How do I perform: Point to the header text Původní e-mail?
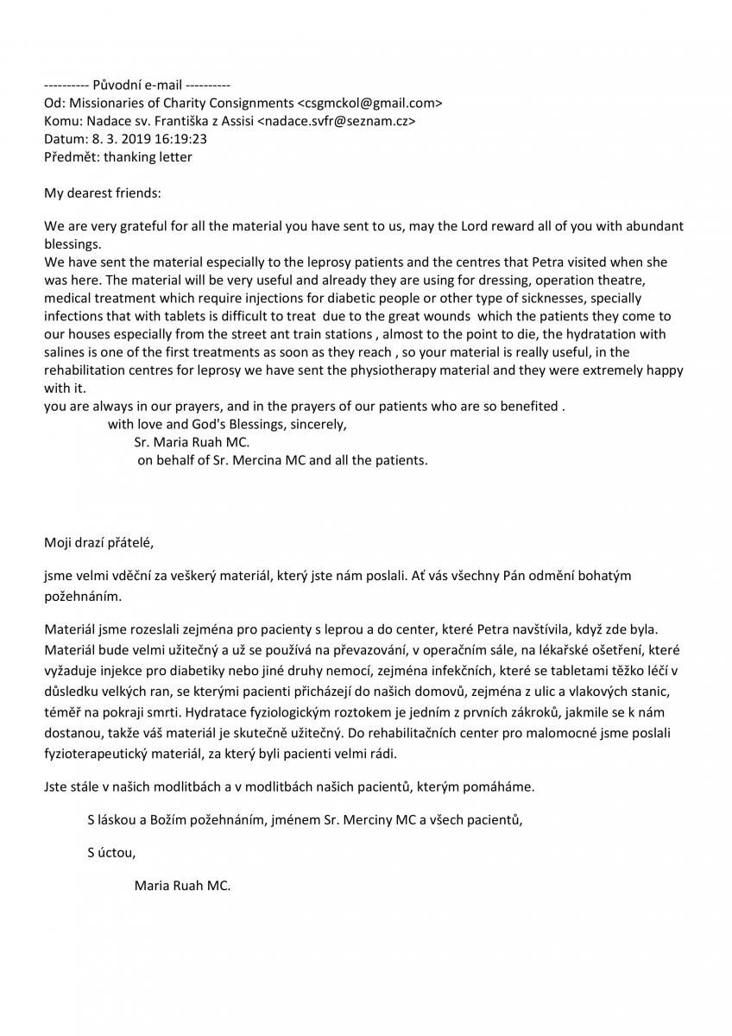[x=137, y=85]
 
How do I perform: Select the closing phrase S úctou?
[x=111, y=852]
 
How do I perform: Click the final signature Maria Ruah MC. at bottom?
[x=183, y=886]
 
